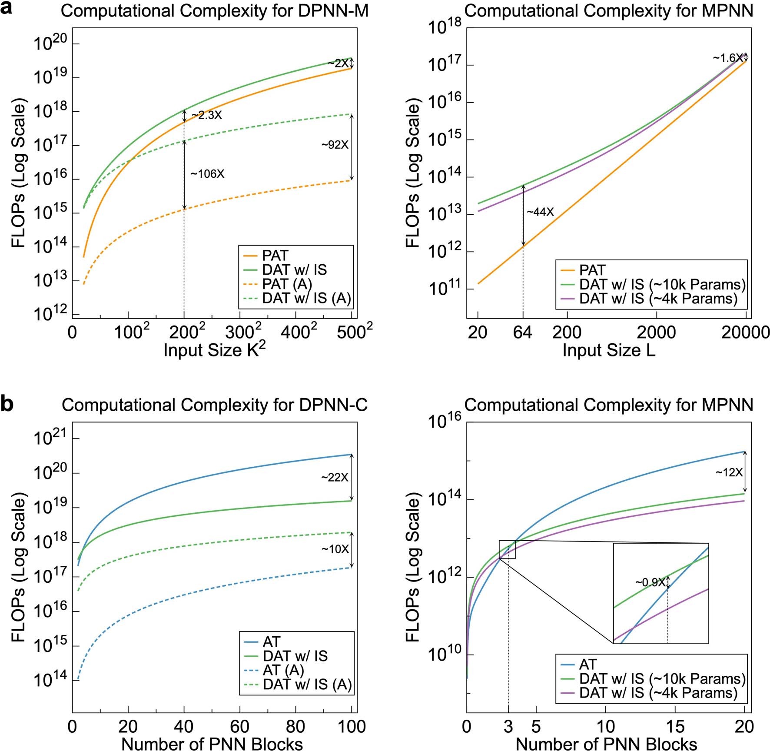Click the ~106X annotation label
[207, 174]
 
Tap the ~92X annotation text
[335, 145]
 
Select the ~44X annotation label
[540, 212]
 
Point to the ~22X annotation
[335, 478]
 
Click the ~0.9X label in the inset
[650, 582]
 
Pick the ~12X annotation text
[729, 472]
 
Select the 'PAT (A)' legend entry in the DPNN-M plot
[287, 284]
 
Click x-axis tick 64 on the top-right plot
[522, 332]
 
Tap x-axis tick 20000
[745, 332]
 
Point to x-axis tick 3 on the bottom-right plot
[508, 726]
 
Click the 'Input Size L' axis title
[608, 350]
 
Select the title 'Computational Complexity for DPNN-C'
[215, 405]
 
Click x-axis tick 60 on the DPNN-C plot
[239, 726]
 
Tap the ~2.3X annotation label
[206, 116]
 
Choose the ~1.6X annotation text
[727, 58]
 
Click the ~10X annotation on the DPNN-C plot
[335, 549]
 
